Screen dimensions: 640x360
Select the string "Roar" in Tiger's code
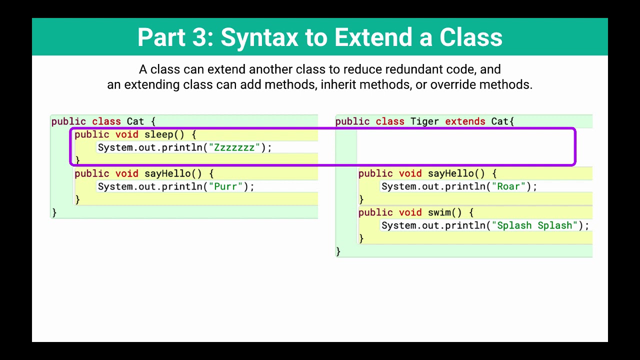[x=508, y=186]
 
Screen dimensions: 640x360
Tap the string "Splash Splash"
[x=534, y=225]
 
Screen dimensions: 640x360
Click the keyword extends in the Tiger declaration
[x=465, y=121]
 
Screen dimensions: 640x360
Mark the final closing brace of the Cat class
[x=54, y=212]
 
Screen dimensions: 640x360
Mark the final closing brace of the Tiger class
[x=338, y=251]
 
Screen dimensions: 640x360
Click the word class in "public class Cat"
[x=106, y=121]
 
